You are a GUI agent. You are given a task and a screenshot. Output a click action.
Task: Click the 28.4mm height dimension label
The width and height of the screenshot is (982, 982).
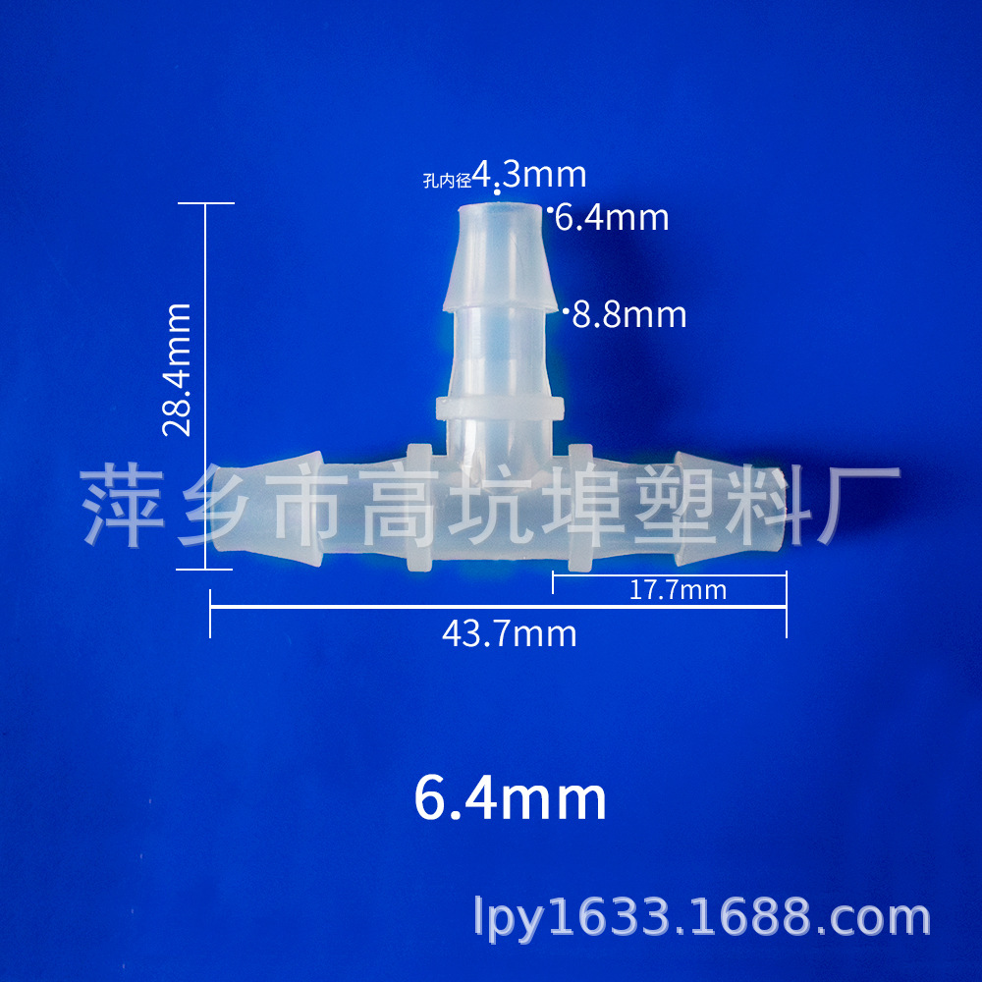coord(178,369)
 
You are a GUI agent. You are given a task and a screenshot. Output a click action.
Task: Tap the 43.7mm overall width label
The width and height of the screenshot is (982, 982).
coord(509,634)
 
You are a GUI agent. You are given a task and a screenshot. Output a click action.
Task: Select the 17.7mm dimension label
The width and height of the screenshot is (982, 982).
coord(678,590)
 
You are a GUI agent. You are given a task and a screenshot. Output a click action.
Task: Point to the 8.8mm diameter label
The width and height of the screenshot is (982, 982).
coord(629,315)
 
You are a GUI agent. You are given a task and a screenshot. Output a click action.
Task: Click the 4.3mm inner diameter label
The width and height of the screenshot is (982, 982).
coord(529,175)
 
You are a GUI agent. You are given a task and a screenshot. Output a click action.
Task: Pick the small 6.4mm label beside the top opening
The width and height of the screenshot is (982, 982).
coord(612,217)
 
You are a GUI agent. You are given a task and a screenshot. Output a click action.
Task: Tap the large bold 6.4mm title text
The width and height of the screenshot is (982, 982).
coord(511,799)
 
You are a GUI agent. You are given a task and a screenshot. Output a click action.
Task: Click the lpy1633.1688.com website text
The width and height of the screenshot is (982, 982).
coord(701,917)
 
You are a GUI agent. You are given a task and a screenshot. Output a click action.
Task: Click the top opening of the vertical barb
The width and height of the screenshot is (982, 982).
coord(501,209)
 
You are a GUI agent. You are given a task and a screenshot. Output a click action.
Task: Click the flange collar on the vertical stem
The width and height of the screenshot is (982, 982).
coord(499,407)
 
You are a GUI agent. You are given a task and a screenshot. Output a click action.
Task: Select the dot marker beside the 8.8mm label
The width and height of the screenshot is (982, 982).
coord(566,311)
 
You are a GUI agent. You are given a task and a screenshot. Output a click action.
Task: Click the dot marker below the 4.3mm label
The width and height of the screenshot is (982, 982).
coord(497,192)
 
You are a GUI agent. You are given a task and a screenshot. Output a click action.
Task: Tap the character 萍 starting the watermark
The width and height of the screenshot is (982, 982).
coord(120,507)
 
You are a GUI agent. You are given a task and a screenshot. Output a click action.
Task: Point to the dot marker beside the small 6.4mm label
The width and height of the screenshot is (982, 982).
coord(550,209)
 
